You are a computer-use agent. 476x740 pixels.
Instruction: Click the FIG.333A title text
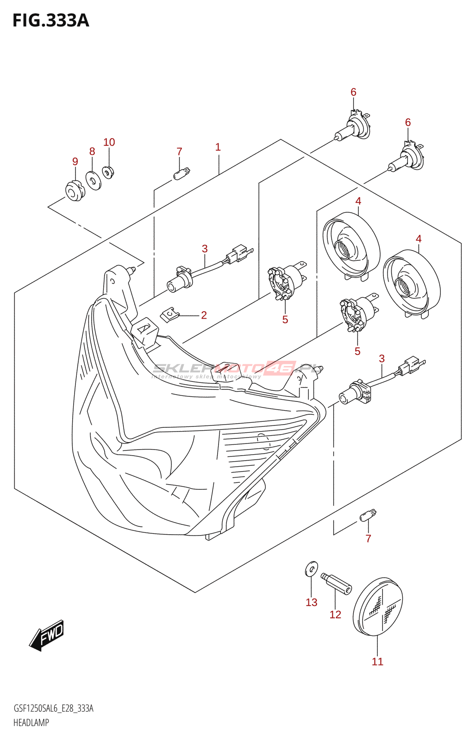click(51, 21)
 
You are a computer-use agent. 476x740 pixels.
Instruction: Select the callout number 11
click(377, 662)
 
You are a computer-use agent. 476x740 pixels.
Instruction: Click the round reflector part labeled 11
click(377, 606)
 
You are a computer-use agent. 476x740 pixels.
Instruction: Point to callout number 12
click(335, 615)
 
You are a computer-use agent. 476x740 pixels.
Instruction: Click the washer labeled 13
click(312, 569)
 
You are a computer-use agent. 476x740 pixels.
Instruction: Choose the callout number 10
click(109, 142)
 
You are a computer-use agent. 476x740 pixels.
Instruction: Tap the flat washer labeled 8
click(94, 181)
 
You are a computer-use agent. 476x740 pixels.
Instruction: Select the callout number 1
click(218, 147)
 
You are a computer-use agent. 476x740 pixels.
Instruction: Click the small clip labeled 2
click(170, 315)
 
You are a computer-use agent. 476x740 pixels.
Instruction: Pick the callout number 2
click(204, 315)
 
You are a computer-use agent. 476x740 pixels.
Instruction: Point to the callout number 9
click(75, 161)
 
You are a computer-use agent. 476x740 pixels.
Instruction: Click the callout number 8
click(92, 151)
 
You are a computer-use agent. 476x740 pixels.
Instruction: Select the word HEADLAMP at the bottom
click(31, 722)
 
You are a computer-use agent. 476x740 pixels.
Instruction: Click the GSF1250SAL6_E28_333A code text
click(53, 709)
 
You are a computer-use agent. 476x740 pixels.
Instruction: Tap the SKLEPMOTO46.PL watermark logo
click(236, 369)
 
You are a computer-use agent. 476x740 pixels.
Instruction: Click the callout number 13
click(311, 602)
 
